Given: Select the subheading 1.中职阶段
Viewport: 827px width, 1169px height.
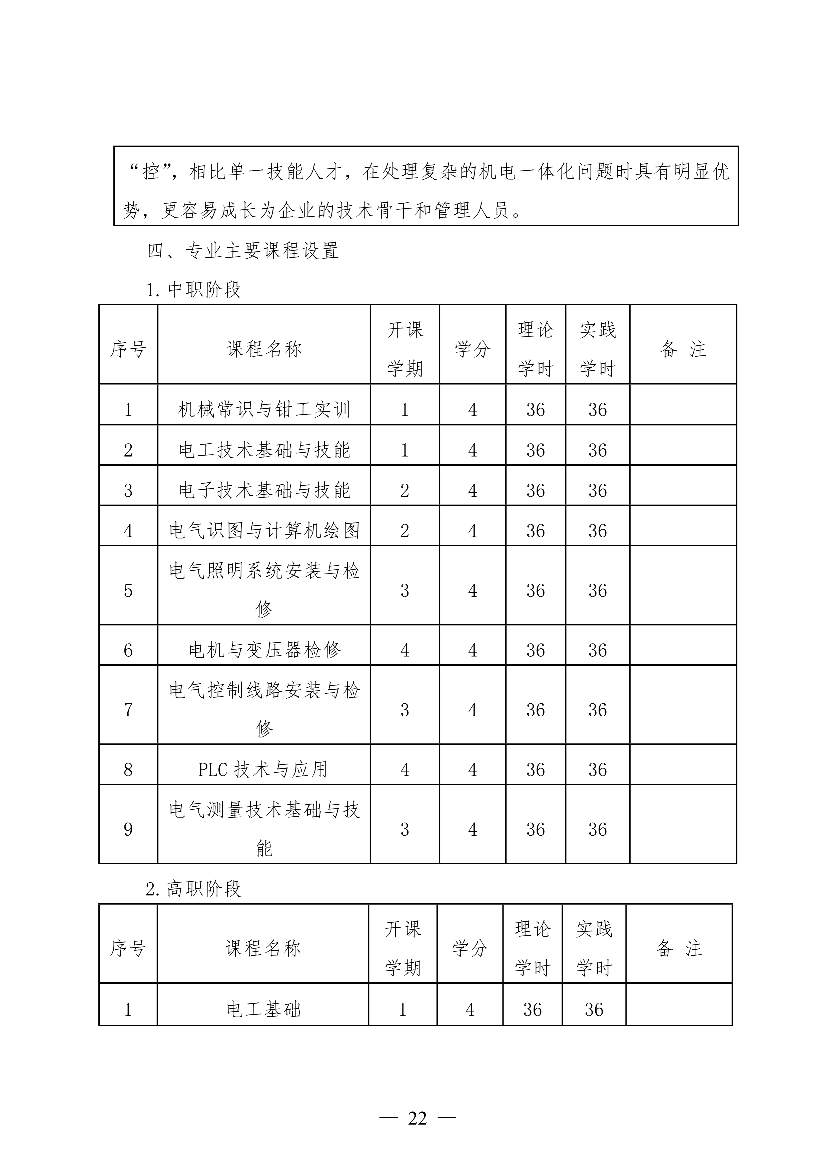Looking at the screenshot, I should (x=193, y=290).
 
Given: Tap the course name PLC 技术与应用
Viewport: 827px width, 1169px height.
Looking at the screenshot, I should (x=263, y=769).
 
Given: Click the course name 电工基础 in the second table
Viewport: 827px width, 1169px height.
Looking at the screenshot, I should (x=263, y=1010).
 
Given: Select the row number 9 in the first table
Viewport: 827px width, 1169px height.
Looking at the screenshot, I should (x=128, y=829).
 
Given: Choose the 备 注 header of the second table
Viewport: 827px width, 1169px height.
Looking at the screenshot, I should (x=679, y=949).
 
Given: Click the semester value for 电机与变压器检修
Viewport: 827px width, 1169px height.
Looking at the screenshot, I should (x=405, y=650).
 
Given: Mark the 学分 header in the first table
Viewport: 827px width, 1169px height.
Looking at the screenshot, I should (x=473, y=349).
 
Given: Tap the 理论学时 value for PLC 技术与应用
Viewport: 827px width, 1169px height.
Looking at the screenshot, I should (x=536, y=770).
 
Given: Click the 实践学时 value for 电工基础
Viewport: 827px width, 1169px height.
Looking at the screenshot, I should (x=594, y=1010).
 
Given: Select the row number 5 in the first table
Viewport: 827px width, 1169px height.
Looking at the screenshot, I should (x=128, y=591).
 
